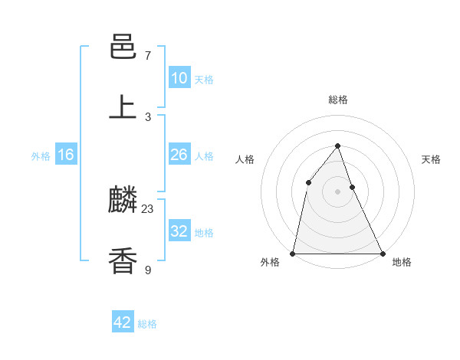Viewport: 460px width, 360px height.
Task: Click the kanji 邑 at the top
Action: (123, 47)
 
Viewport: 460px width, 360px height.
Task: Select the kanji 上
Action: (123, 106)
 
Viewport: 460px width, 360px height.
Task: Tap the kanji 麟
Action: (123, 201)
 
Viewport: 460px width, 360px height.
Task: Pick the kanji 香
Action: (123, 260)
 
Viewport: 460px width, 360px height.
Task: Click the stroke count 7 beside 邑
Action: (148, 56)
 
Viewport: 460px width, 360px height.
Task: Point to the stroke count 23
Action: (148, 208)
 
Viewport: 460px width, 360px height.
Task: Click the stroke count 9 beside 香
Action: (148, 269)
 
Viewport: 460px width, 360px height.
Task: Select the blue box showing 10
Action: (179, 78)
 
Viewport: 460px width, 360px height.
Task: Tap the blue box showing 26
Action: (179, 155)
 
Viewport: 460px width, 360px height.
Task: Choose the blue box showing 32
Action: (179, 231)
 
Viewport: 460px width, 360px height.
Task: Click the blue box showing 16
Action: (66, 155)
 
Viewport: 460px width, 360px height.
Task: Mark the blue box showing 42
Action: (123, 322)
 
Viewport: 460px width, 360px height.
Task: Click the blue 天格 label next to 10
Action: (203, 80)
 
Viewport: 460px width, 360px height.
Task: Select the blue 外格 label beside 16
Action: (41, 156)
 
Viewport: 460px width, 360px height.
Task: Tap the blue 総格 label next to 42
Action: (147, 324)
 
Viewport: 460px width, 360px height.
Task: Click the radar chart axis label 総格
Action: (337, 100)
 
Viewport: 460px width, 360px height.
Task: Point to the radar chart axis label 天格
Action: (431, 159)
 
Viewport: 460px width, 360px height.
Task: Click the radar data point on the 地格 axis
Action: (382, 254)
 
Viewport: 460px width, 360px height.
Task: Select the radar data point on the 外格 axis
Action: (293, 254)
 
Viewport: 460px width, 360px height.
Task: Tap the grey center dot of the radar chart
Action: (337, 191)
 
